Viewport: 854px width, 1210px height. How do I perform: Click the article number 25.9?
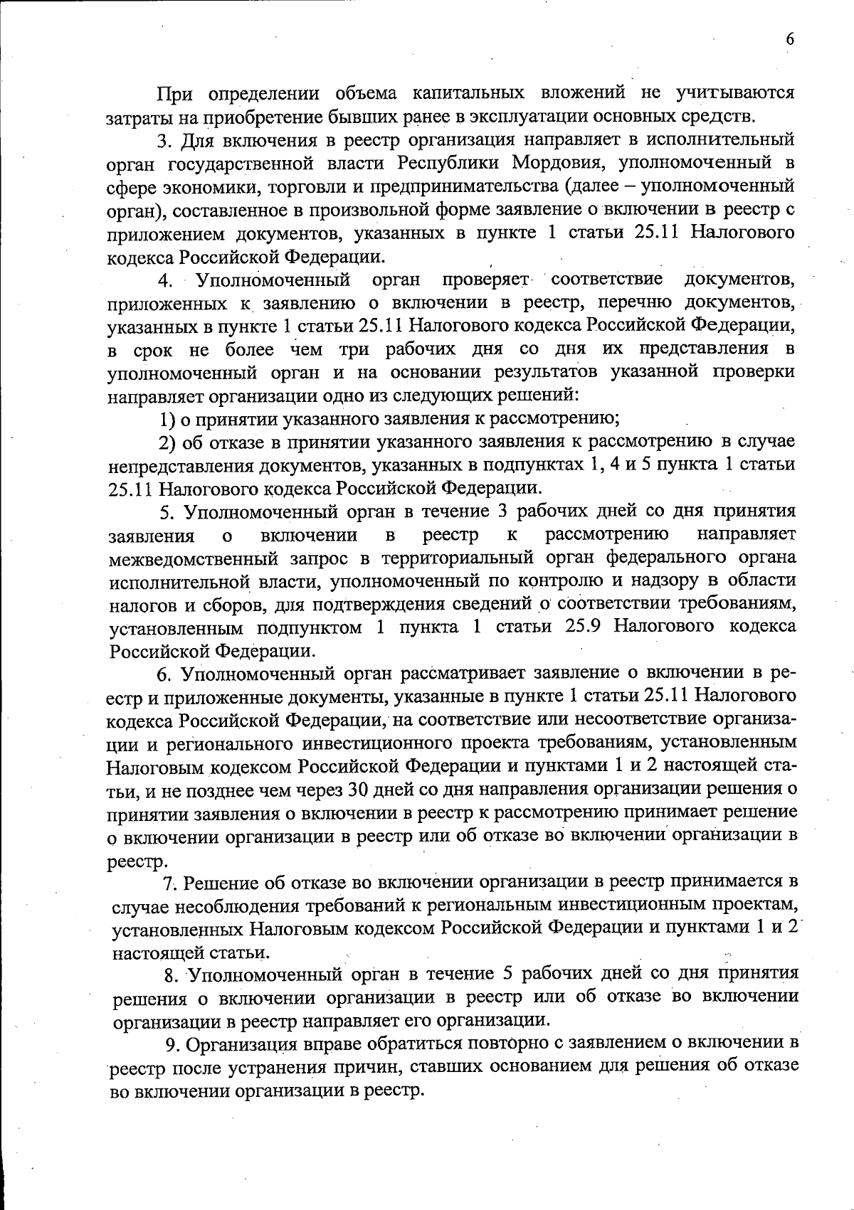(x=583, y=627)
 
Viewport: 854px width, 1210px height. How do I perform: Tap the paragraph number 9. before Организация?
(x=172, y=1044)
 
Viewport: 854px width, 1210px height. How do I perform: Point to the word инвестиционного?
(x=379, y=743)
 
